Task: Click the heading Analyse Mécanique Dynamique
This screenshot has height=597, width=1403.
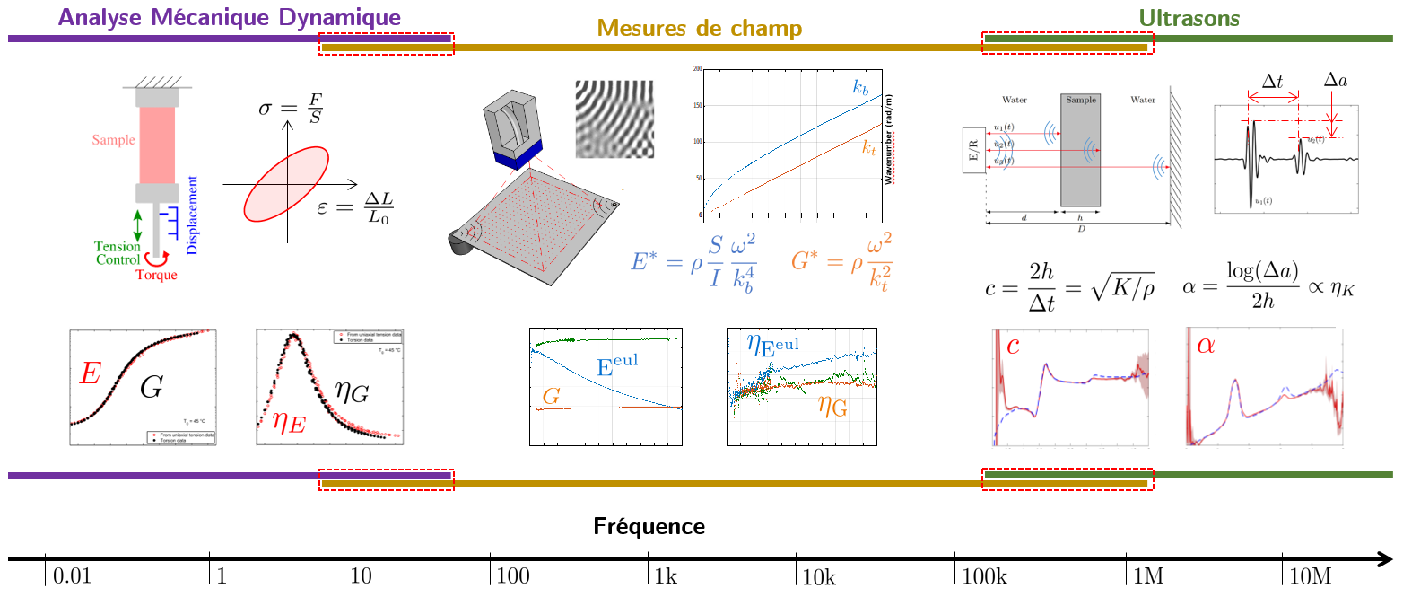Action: [x=228, y=17]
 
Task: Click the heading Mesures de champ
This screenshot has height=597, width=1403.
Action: [x=699, y=30]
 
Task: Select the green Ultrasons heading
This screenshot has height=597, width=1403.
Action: [x=1189, y=17]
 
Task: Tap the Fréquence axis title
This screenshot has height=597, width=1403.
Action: [x=649, y=526]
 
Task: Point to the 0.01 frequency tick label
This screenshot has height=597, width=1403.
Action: [x=72, y=576]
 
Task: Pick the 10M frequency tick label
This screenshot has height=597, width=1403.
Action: [x=1310, y=576]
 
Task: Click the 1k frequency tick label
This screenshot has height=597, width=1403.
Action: [x=666, y=576]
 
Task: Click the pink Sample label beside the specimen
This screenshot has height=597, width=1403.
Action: [x=113, y=140]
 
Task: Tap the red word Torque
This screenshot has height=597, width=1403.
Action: [x=157, y=275]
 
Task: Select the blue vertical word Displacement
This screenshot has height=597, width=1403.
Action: [x=192, y=215]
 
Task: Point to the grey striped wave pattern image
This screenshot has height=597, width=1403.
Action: [x=616, y=119]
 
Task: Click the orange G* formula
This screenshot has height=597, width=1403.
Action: [x=841, y=262]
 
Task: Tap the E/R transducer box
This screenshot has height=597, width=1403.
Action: [x=975, y=151]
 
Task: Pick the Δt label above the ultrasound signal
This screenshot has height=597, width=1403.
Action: [x=1272, y=82]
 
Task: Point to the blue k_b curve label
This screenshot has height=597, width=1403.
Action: [x=860, y=89]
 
